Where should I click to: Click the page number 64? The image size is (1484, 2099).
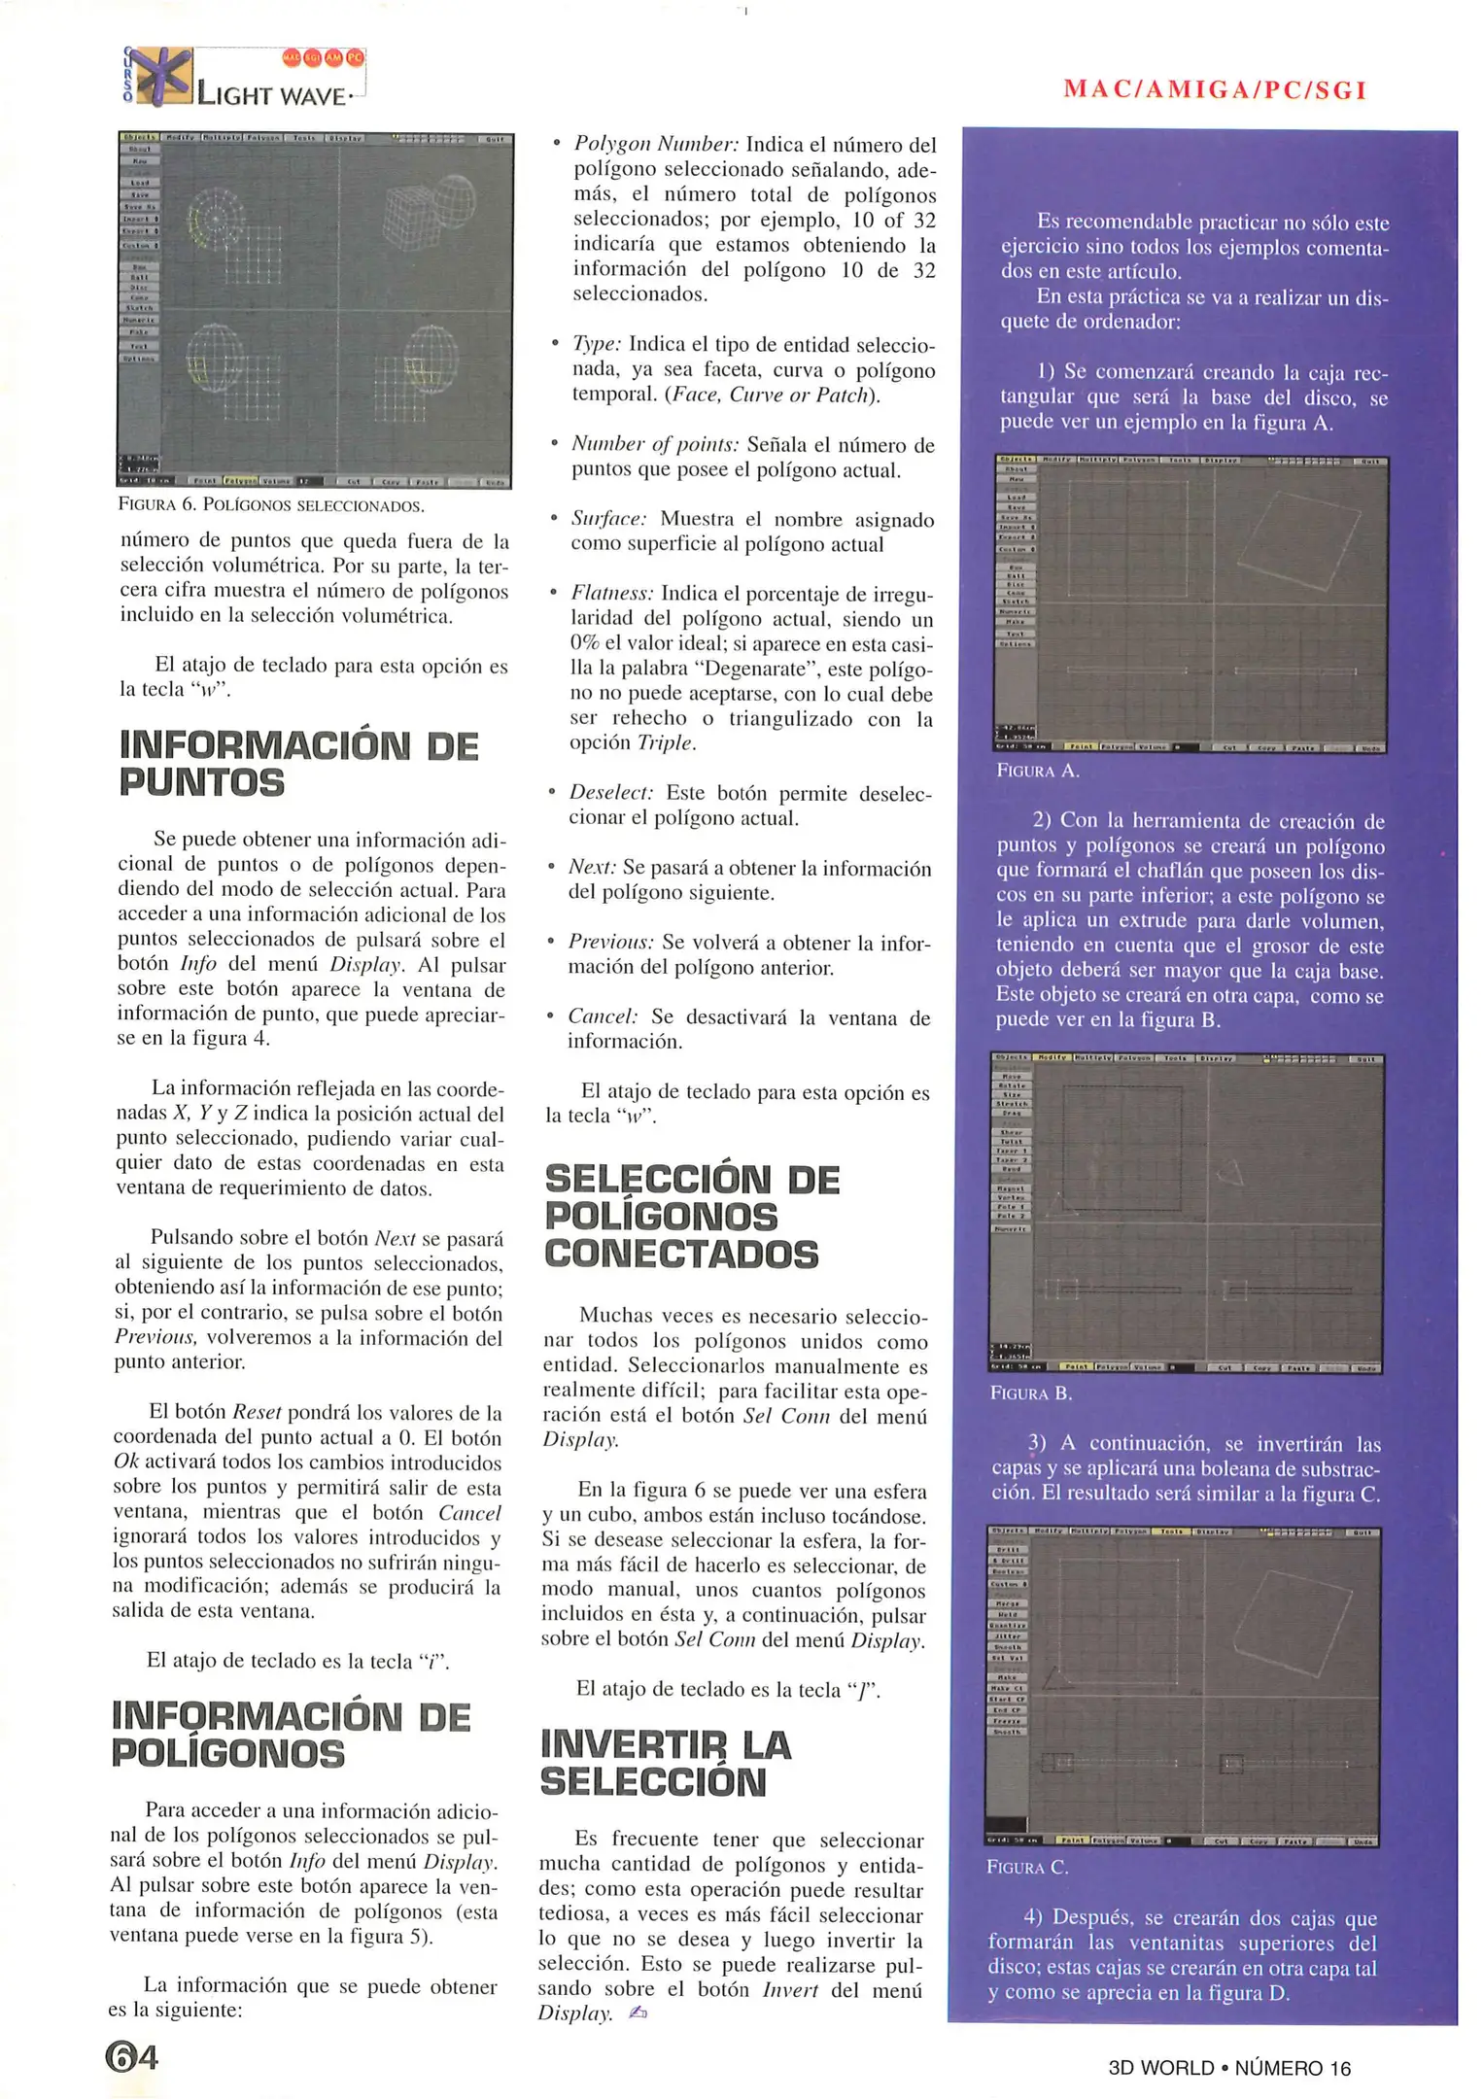[131, 2056]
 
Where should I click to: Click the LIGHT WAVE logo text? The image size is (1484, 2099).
[271, 94]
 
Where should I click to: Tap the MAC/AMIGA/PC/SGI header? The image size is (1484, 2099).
[1215, 90]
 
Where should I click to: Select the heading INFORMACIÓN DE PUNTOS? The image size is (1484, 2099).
[298, 764]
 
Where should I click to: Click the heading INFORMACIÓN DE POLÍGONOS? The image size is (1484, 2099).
[292, 1735]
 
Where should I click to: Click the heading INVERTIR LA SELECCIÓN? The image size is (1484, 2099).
[666, 1764]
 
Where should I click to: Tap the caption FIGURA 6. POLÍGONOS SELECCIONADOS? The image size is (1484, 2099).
[271, 505]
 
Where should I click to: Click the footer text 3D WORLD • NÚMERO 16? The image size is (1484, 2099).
[1229, 2068]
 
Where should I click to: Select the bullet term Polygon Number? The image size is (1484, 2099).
[656, 145]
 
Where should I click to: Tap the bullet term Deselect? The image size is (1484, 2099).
[611, 793]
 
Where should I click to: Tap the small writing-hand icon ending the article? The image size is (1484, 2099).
[638, 2012]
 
